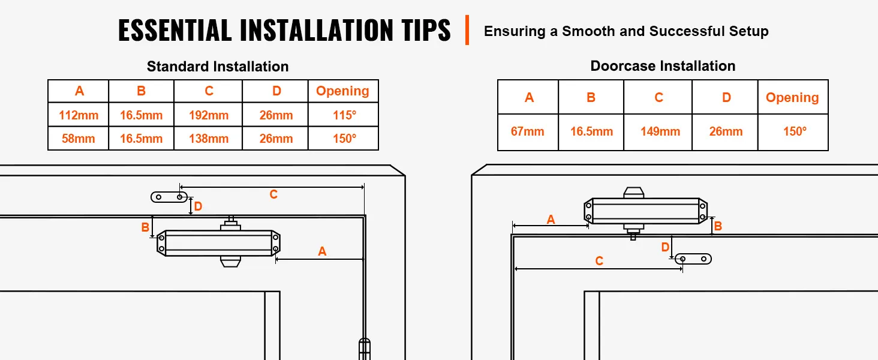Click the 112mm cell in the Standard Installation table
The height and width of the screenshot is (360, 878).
(x=79, y=115)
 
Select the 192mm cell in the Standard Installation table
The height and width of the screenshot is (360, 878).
(x=209, y=115)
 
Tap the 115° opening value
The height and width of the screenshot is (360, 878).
(x=344, y=115)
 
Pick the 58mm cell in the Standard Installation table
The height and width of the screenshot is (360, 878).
(x=79, y=139)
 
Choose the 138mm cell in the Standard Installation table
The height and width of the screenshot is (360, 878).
(x=209, y=139)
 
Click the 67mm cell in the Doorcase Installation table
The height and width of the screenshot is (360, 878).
(x=528, y=131)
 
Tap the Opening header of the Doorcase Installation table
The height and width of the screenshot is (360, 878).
(x=792, y=98)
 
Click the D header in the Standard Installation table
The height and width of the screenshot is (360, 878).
(x=276, y=91)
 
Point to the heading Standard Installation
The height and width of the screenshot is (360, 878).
(x=218, y=67)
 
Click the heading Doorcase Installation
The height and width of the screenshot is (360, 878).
(x=663, y=66)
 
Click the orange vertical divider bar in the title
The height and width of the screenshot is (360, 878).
(x=467, y=30)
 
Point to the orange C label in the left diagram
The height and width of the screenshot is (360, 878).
(x=273, y=194)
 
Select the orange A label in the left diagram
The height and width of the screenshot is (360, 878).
(x=322, y=252)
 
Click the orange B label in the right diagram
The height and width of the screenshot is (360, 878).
(x=718, y=226)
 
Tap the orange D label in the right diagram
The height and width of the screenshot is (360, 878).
(x=665, y=247)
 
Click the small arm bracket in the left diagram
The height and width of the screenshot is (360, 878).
(x=169, y=197)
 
